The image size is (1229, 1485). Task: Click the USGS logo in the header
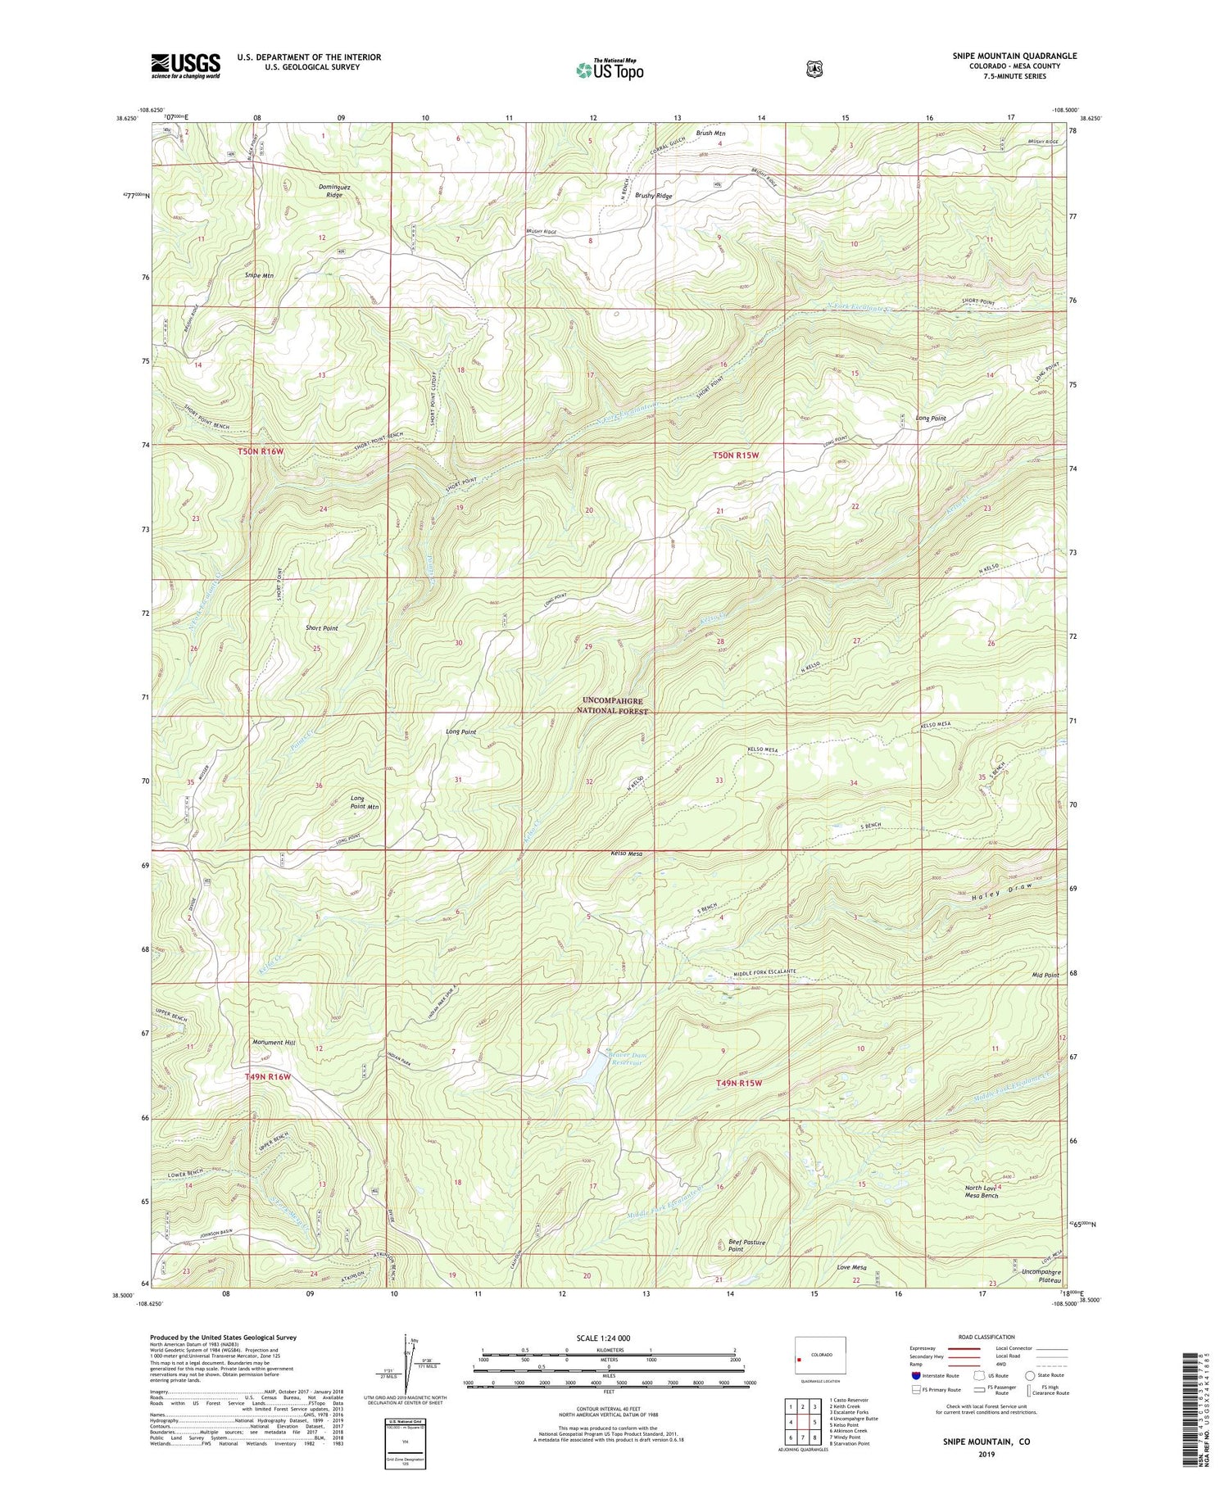coord(185,66)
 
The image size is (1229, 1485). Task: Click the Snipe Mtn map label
coord(259,276)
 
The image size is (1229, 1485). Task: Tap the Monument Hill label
coord(273,1043)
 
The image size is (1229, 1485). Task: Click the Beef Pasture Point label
coord(746,1246)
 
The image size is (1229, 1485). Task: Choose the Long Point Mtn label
coord(365,802)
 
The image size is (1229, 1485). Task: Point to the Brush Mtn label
coord(710,133)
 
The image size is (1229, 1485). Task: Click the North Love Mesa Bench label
coord(981,1192)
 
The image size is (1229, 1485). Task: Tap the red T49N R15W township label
coord(739,1083)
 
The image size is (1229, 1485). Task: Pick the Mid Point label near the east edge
coord(1045,975)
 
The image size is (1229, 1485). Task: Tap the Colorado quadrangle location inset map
coord(819,1356)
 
